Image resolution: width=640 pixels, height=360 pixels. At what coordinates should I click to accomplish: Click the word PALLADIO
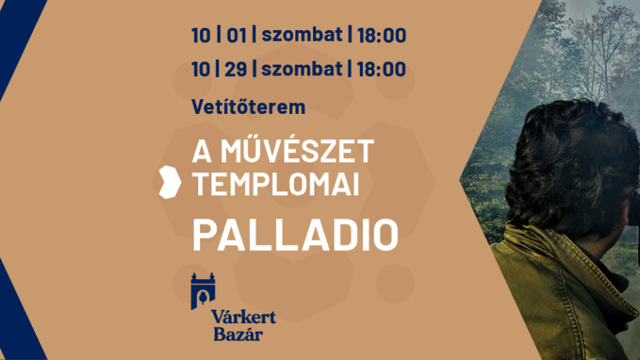pos(295,235)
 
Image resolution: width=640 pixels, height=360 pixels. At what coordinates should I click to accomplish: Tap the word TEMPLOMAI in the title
pos(275,184)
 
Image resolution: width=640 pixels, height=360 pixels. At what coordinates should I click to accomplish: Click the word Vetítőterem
pos(248,106)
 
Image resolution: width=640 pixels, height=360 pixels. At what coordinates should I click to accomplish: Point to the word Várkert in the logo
pos(243,317)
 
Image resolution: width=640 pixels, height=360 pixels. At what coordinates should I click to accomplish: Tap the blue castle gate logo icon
pos(203,291)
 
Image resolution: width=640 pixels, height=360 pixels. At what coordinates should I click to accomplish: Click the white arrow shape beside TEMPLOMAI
pos(170,182)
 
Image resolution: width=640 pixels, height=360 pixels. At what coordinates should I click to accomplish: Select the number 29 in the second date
pos(236,68)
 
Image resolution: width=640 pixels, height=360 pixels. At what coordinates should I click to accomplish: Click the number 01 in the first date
pos(237,35)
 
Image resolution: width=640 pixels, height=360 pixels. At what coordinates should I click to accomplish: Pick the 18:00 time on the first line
pos(382,35)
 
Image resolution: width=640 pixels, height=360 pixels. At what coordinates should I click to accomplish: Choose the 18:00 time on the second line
pos(382,68)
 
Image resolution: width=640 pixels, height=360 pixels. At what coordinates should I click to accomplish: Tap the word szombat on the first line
pos(302,35)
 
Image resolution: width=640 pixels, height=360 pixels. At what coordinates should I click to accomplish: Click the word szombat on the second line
pos(302,68)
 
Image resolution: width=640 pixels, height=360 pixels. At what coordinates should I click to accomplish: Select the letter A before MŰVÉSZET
pos(202,152)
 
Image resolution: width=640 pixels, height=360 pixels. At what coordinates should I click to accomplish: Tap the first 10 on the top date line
pos(201,35)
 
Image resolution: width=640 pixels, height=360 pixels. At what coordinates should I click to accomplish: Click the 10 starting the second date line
pos(201,68)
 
